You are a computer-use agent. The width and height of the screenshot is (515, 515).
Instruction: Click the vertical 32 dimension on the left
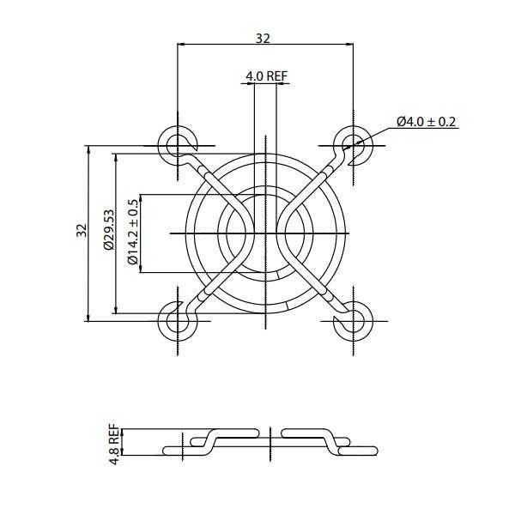(x=82, y=232)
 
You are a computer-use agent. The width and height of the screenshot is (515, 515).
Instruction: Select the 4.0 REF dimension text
(x=265, y=76)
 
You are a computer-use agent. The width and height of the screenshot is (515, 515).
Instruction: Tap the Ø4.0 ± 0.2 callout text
(x=427, y=123)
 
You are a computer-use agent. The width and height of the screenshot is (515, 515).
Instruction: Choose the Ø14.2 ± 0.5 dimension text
(x=132, y=232)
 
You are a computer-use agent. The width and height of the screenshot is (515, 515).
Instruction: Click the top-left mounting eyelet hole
(x=177, y=143)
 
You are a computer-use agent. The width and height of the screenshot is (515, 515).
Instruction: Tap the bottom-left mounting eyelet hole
(x=177, y=320)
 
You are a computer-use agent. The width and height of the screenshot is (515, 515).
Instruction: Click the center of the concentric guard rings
(x=264, y=232)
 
